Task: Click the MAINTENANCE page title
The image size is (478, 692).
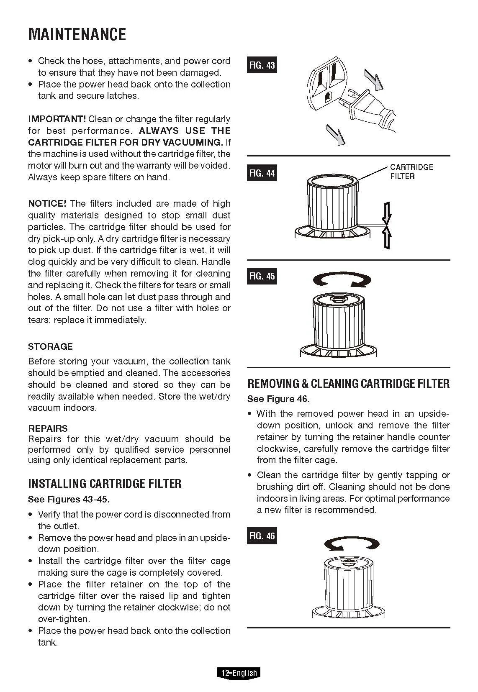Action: point(77,35)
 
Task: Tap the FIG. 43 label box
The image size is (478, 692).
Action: point(262,65)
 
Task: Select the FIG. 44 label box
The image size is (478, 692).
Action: point(262,173)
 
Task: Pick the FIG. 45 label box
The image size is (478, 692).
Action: point(262,276)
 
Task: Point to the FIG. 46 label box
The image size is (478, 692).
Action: point(262,536)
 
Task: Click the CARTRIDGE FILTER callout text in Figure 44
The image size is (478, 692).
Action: point(411,172)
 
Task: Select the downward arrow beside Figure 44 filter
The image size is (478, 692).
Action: point(388,213)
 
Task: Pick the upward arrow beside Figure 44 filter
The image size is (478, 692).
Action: point(388,238)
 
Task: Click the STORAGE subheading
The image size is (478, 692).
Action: point(50,346)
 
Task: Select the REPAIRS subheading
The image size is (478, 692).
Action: point(48,428)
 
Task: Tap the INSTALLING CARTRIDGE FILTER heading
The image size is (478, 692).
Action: point(105,484)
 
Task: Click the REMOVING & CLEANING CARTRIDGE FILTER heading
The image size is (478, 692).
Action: point(348,384)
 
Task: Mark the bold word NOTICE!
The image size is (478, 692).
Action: point(47,204)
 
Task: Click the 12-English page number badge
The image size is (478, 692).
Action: point(239,673)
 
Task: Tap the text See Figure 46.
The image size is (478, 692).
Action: point(278,399)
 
